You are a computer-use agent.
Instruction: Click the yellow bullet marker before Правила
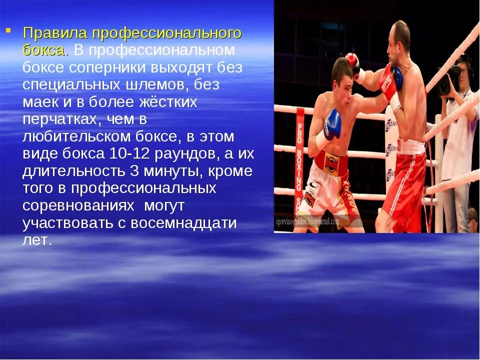(x=8, y=31)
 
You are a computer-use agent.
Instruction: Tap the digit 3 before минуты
(x=134, y=171)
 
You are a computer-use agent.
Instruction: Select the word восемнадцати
(x=184, y=222)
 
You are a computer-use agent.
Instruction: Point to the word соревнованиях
(x=78, y=205)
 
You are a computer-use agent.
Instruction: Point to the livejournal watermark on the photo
(x=307, y=221)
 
